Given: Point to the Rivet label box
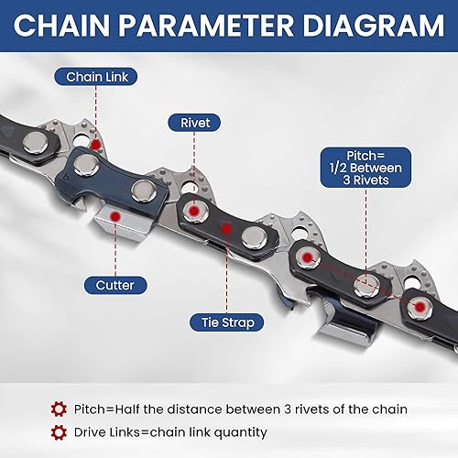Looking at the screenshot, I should (x=194, y=121).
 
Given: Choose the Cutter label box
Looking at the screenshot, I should (x=114, y=285).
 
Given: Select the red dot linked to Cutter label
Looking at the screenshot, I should (x=114, y=216).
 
